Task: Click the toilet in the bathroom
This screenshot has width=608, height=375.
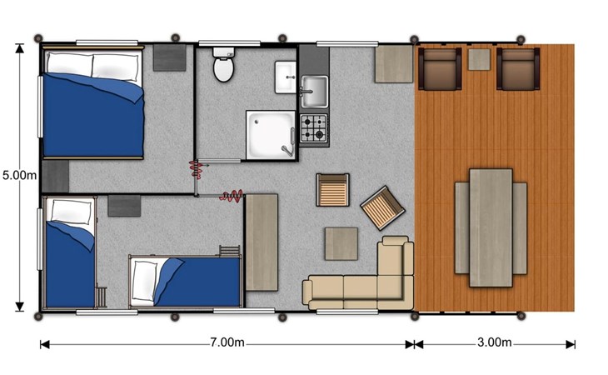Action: coord(224,64)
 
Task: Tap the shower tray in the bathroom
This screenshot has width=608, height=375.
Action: coord(270,135)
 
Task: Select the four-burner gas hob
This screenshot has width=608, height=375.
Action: coord(314,128)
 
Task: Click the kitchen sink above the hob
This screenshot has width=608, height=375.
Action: coord(315,92)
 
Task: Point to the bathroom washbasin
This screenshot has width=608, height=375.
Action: coord(286,77)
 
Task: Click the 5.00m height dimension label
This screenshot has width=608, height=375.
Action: coord(19,175)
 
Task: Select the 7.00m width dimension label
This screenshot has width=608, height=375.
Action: coord(227,342)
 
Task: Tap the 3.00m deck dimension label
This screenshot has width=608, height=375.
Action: coord(494,342)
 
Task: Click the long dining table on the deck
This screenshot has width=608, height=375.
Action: coord(491,227)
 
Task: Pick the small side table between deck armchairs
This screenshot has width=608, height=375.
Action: coord(479,59)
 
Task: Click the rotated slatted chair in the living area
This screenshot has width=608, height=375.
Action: coord(383,207)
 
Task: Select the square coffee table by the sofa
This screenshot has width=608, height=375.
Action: coord(341,243)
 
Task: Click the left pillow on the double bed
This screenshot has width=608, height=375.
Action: coord(69,64)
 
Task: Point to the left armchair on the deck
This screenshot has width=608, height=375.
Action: coord(440,68)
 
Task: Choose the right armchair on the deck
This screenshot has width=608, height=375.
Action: coord(518,68)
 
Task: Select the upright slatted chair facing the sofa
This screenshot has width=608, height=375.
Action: coord(332,190)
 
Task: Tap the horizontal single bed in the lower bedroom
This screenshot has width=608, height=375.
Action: coord(186,281)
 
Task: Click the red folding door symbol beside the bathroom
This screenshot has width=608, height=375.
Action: coord(197,169)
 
